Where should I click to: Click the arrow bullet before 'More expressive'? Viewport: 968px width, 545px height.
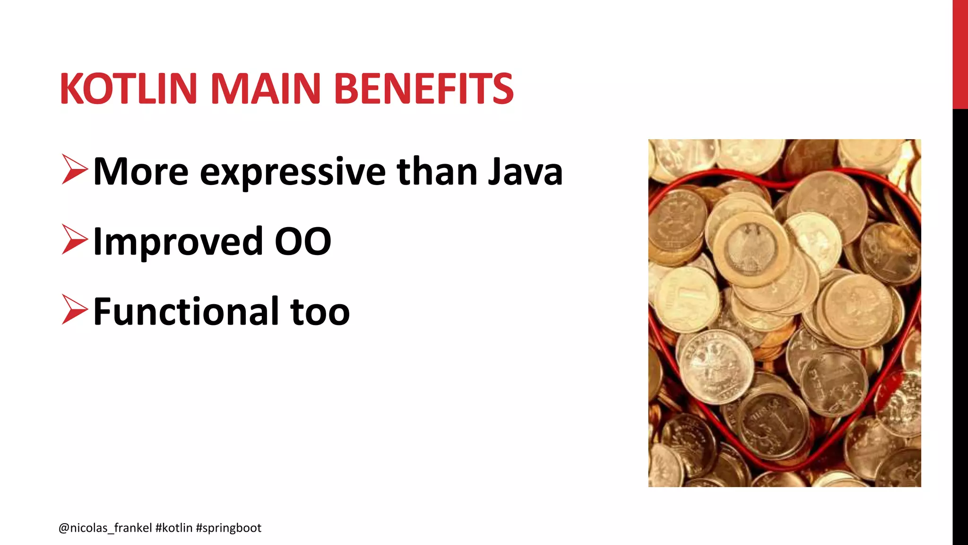click(x=75, y=169)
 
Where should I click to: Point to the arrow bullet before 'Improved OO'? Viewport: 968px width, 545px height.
click(x=75, y=240)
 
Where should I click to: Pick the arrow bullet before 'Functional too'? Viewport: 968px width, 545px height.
click(x=75, y=310)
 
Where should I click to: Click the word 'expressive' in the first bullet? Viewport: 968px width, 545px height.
click(x=293, y=172)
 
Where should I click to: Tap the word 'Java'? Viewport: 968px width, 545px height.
click(x=525, y=171)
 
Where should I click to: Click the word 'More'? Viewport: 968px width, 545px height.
click(x=141, y=171)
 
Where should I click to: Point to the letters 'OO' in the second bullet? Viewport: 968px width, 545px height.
click(x=303, y=241)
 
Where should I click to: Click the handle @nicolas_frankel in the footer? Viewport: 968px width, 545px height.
click(x=105, y=528)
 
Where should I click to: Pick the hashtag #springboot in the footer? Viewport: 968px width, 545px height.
click(x=228, y=528)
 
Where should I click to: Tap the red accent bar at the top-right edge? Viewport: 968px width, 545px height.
click(x=960, y=54)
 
